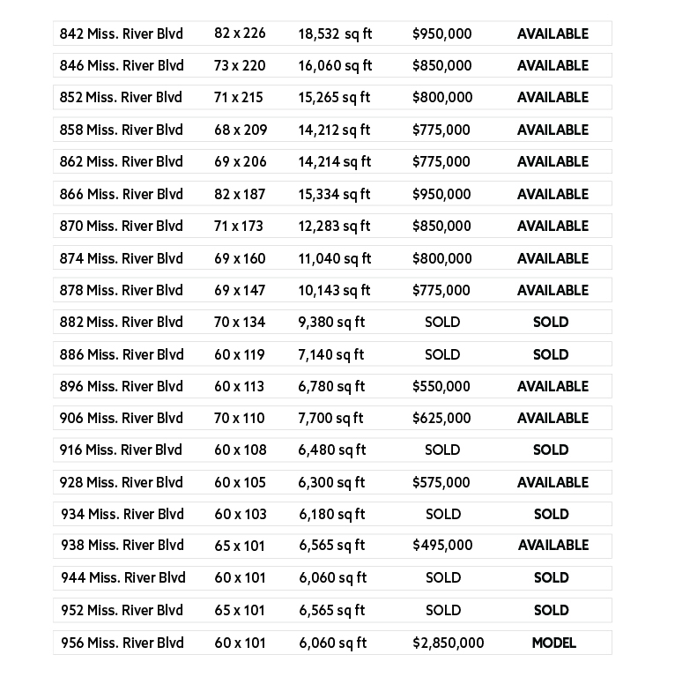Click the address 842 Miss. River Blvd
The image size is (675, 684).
[121, 33]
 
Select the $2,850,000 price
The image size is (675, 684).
[448, 643]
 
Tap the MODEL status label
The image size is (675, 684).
[553, 643]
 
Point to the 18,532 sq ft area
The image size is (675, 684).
[335, 33]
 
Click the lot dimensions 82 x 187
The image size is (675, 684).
[240, 194]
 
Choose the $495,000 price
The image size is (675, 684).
[442, 546]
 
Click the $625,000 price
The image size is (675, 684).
[441, 418]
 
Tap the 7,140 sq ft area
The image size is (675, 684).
[331, 354]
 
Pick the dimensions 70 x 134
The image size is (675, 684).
[240, 322]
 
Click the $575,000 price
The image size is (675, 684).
[441, 482]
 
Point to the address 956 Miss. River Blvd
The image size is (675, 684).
[122, 643]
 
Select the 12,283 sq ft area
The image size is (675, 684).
[334, 226]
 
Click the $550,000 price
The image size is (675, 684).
[441, 386]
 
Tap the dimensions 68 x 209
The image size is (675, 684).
[241, 130]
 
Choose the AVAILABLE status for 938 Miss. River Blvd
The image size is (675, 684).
[553, 546]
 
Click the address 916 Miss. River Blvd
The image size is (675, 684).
[121, 450]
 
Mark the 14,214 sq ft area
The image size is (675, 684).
[334, 161]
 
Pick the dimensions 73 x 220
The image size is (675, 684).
[240, 65]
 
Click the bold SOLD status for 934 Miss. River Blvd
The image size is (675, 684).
[551, 514]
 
